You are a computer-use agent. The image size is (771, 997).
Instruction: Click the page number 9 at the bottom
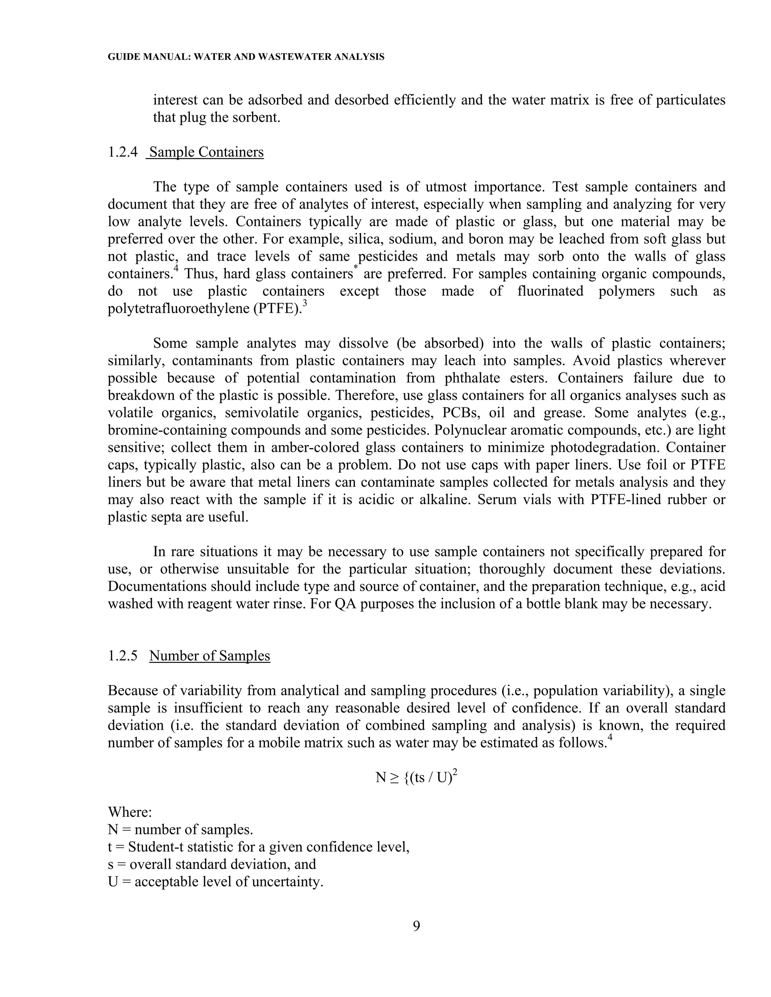[x=417, y=926]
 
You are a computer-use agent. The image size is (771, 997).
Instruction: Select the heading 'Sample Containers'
[x=206, y=152]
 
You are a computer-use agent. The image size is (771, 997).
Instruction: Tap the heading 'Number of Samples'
[x=210, y=656]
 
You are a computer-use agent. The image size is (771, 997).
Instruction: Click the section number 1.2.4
[x=122, y=152]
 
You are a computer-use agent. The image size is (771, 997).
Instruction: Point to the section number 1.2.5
[x=122, y=656]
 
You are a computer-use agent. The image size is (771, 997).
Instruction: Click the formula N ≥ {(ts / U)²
[x=416, y=777]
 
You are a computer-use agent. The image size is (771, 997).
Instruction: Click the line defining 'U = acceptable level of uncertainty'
[x=216, y=882]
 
